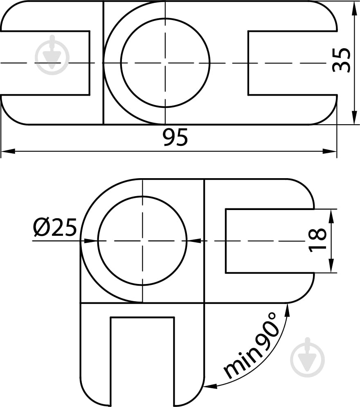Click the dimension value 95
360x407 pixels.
[175, 137]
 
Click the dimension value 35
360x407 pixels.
[341, 60]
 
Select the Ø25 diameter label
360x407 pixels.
[55, 228]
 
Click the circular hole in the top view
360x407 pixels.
[165, 63]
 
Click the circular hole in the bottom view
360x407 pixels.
[142, 241]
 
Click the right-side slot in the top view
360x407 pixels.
[292, 63]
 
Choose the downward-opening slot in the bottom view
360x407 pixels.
[142, 360]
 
